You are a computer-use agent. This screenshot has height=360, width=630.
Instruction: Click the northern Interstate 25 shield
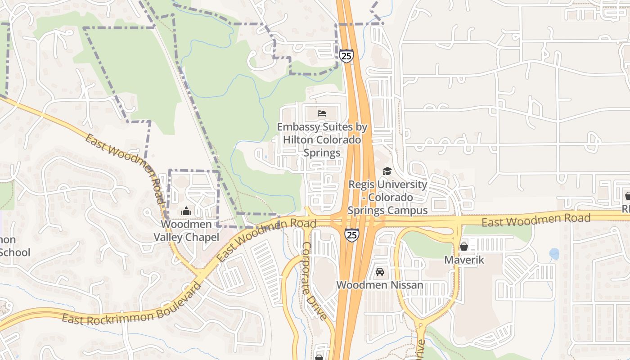click(346, 56)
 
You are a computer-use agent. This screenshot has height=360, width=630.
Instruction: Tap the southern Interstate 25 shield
click(352, 234)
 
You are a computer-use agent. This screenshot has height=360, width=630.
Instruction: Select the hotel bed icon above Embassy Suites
click(322, 113)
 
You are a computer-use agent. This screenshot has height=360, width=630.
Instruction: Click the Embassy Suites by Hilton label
click(322, 139)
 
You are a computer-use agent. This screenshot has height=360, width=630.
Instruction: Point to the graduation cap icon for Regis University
click(387, 171)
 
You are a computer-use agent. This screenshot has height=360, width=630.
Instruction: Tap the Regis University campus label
click(388, 197)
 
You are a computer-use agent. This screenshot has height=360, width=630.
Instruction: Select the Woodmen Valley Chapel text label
click(186, 230)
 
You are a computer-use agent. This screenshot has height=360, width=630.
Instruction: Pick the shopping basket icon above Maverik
click(463, 247)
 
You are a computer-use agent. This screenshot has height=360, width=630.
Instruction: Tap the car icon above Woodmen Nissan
click(380, 272)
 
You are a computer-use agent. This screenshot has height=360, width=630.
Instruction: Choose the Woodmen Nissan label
click(380, 285)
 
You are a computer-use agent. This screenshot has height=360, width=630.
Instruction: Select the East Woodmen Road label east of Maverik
click(535, 220)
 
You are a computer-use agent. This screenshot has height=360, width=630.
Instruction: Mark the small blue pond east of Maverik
click(554, 254)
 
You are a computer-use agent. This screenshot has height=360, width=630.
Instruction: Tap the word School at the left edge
click(15, 252)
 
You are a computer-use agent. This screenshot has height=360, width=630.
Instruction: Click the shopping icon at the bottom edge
click(319, 357)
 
